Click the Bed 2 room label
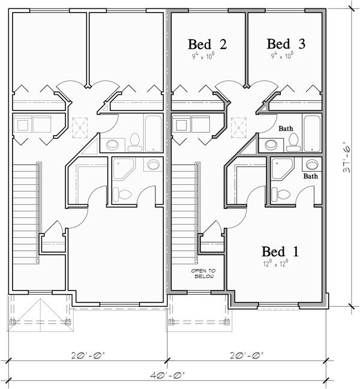point(207,44)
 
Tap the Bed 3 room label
point(286,44)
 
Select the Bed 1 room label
point(280,251)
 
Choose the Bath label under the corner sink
point(310,176)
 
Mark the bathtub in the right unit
point(313,133)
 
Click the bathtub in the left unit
point(154,133)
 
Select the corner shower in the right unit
point(281,170)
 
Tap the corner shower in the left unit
point(123,170)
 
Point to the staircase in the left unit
point(25,204)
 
